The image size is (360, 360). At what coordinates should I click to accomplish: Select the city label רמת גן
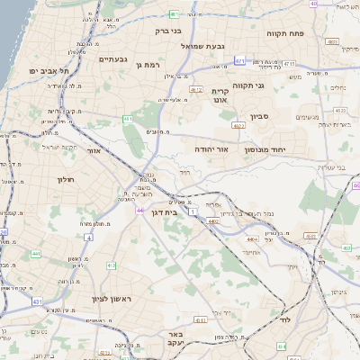146,64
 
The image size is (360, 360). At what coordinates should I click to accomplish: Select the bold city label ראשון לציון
112,299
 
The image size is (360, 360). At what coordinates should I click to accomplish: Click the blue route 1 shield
193,211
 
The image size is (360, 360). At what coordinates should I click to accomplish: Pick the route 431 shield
37,302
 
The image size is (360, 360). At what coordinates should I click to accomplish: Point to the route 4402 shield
213,220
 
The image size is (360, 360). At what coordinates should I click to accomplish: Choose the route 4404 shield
251,238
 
